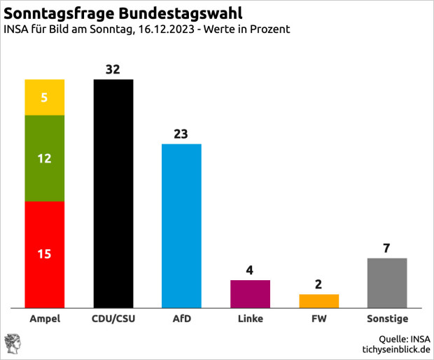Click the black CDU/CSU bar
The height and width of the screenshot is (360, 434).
(x=113, y=193)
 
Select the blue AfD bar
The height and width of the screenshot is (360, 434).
(x=181, y=226)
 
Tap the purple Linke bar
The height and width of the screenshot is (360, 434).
(x=250, y=293)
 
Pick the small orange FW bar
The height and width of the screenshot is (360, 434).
(x=318, y=300)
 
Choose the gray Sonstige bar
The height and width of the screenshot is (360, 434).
(x=387, y=282)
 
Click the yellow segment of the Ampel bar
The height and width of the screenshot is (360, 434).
(x=45, y=97)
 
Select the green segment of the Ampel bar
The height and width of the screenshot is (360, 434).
(x=45, y=158)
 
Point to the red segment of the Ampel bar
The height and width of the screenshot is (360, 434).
(x=45, y=254)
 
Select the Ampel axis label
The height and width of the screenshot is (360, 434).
(x=45, y=319)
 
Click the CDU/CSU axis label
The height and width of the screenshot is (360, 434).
(x=113, y=319)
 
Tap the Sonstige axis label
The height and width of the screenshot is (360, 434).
(x=387, y=319)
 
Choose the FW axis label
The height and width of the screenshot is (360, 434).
(x=318, y=319)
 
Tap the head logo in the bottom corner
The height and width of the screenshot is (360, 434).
(x=12, y=343)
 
